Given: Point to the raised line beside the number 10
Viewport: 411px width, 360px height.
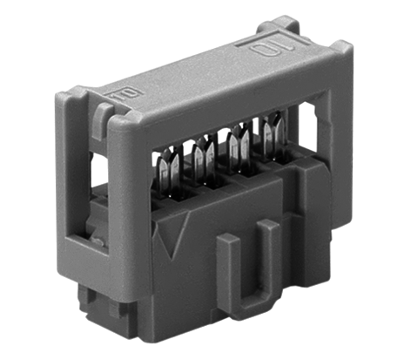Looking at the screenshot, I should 289,41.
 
